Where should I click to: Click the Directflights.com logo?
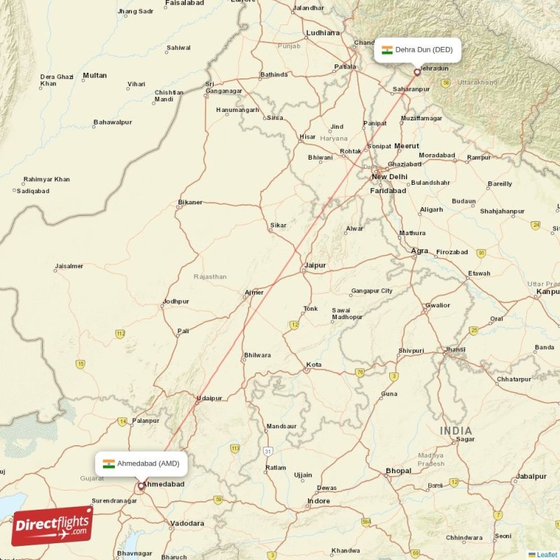[x=52, y=526]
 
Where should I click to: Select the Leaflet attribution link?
[x=547, y=554]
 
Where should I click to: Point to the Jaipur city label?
[x=316, y=265]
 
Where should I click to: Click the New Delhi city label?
[x=389, y=176]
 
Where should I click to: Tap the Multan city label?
[x=94, y=76]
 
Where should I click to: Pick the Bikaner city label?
[x=190, y=202]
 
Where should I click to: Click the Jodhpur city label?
[x=176, y=302]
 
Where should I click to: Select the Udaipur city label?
[x=209, y=398]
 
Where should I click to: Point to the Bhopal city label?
[x=398, y=471]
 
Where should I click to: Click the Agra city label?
[x=420, y=251]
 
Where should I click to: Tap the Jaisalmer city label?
[x=69, y=266]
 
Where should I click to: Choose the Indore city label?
[x=319, y=501]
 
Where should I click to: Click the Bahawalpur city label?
[x=113, y=122]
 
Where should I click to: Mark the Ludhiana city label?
[x=323, y=33]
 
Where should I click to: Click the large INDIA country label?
[x=456, y=430]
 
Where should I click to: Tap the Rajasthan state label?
[x=210, y=276]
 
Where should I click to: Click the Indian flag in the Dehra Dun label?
[x=386, y=50]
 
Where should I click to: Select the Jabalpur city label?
[x=531, y=477]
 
